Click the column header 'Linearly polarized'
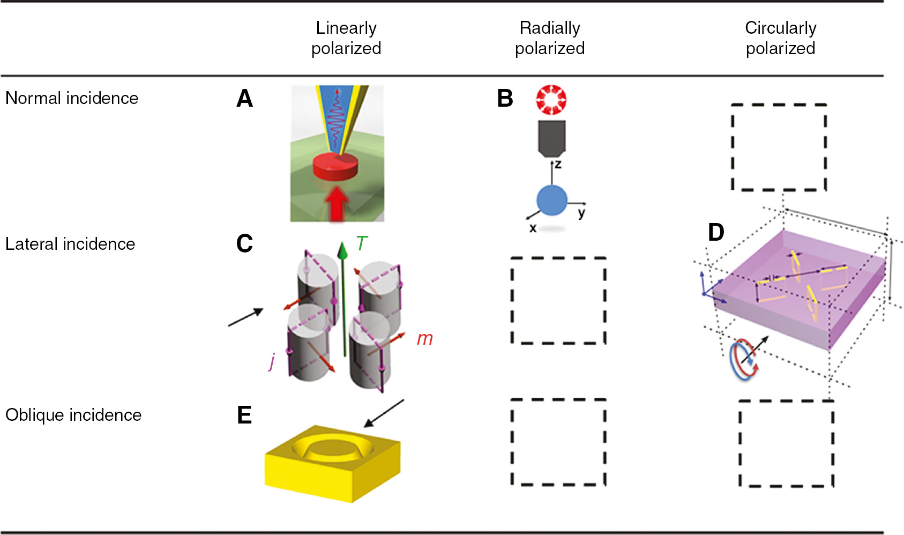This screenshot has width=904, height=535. point(346,38)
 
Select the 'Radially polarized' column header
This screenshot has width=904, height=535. point(550,38)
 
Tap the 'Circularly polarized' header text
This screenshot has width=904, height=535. point(780,38)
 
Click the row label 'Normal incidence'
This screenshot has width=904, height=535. point(72,98)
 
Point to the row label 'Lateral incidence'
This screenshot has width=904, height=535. point(70,244)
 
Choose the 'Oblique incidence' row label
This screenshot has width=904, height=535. point(73,415)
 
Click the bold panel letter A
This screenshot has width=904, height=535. point(244,99)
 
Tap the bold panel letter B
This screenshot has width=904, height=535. point(505,99)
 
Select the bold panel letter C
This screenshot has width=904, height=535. point(244,244)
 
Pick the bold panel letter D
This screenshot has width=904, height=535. point(716,233)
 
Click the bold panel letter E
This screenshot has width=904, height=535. point(244,415)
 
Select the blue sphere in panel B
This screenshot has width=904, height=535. point(552,200)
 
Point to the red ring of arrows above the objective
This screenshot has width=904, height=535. point(551,100)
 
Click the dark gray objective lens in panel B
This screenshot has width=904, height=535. point(552,138)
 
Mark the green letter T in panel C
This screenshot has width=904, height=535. point(362,244)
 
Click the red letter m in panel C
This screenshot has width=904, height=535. point(424,339)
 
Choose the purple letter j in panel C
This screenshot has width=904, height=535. point(272,361)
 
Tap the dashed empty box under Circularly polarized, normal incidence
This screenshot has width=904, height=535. point(779,147)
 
